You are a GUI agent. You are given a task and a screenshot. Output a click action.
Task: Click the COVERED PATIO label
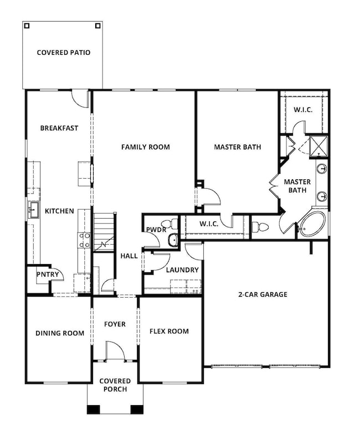point(63,53)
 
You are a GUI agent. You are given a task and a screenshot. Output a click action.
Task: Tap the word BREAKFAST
point(59,128)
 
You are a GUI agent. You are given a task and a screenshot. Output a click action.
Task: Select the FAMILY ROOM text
point(145,147)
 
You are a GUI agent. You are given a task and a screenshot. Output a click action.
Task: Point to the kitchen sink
point(33,210)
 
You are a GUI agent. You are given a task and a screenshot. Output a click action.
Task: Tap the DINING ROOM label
point(60,333)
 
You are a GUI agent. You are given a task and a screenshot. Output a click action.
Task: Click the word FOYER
point(115,324)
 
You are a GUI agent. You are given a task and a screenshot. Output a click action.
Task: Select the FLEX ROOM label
point(169,332)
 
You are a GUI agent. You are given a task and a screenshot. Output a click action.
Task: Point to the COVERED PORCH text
point(115,385)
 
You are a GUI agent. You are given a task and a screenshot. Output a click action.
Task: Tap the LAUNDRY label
point(182,270)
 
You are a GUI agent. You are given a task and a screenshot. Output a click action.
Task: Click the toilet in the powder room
point(173,225)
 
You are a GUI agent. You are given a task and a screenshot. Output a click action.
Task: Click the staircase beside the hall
point(104,232)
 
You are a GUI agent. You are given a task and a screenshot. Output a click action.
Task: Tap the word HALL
point(128,256)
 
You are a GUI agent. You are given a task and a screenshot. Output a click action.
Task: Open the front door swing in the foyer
point(115,351)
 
